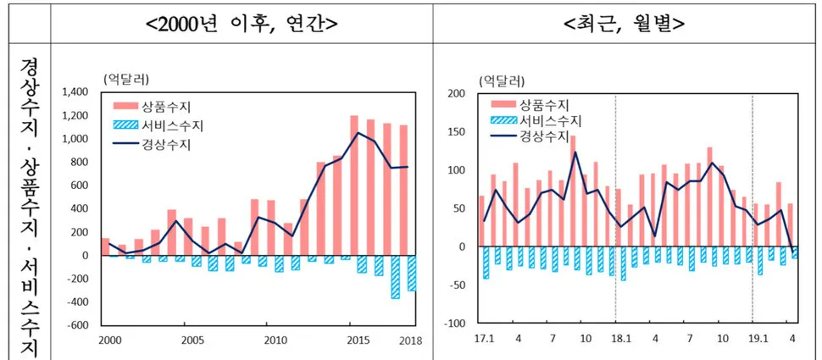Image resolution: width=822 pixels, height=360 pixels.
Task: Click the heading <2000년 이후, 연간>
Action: tap(242, 23)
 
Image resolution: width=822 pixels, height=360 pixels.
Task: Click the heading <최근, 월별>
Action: tap(625, 23)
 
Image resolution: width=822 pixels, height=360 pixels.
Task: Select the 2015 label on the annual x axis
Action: tap(354, 341)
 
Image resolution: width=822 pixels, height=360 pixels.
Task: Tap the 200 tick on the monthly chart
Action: tap(456, 93)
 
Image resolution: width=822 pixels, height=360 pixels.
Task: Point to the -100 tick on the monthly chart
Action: tap(455, 324)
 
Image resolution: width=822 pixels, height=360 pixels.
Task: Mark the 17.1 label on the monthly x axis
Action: tap(484, 341)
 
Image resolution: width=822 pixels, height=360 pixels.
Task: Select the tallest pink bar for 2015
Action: tap(354, 185)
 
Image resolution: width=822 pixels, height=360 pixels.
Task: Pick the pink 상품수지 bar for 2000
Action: tap(106, 246)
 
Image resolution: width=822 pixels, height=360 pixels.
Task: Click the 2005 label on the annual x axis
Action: tap(192, 341)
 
